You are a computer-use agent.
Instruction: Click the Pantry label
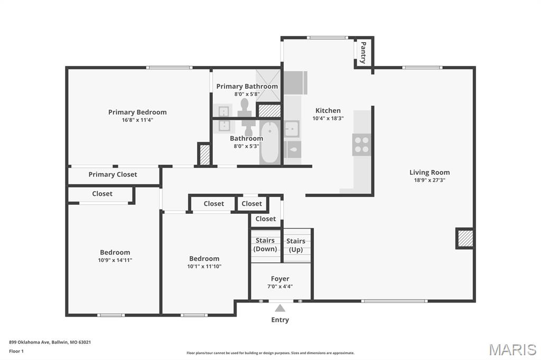click(362, 53)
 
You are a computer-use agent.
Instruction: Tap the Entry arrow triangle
click(280, 308)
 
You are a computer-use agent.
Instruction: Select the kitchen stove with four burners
click(362, 144)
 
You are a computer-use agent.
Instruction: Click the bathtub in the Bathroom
click(270, 142)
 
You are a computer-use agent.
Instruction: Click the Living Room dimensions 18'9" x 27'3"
click(430, 180)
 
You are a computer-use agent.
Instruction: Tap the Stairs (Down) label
click(265, 244)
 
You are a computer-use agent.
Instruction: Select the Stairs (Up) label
click(296, 245)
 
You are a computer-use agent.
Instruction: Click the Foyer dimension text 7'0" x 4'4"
click(280, 287)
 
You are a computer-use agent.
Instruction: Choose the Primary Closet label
click(113, 175)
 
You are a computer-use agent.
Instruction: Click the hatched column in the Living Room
click(464, 238)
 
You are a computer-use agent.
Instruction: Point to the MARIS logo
click(512, 349)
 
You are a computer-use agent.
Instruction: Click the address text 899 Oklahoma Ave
click(50, 342)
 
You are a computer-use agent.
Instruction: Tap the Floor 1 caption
click(16, 351)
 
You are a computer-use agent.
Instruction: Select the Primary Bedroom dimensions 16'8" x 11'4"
click(137, 120)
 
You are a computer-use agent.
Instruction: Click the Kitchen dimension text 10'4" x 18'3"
click(328, 118)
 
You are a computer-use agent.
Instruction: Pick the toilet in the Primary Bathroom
click(245, 106)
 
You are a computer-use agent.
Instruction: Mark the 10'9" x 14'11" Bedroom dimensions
click(115, 260)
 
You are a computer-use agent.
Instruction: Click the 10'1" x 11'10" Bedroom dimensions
click(204, 266)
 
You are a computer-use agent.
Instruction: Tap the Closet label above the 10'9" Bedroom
click(102, 194)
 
